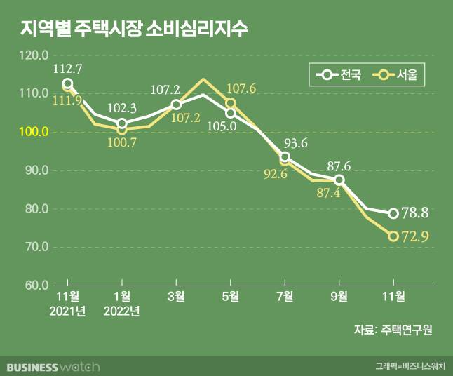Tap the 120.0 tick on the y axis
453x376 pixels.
coord(34,55)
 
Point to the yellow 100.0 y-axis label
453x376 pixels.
coord(34,132)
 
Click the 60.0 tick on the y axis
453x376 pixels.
coord(34,286)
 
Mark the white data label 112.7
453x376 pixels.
coord(68,69)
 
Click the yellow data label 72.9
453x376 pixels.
coord(416,238)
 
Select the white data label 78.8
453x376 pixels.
coord(416,213)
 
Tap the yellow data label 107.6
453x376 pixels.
coord(241,89)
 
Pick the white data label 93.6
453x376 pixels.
coord(295,143)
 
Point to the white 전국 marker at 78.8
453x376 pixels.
coord(393,213)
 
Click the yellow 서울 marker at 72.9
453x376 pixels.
coord(393,236)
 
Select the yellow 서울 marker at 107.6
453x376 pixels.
coord(230,104)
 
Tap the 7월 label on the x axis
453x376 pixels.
coord(285,297)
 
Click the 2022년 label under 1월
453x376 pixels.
coord(122,311)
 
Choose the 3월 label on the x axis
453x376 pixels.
coord(176,297)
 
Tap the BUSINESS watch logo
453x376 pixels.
coord(53,367)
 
